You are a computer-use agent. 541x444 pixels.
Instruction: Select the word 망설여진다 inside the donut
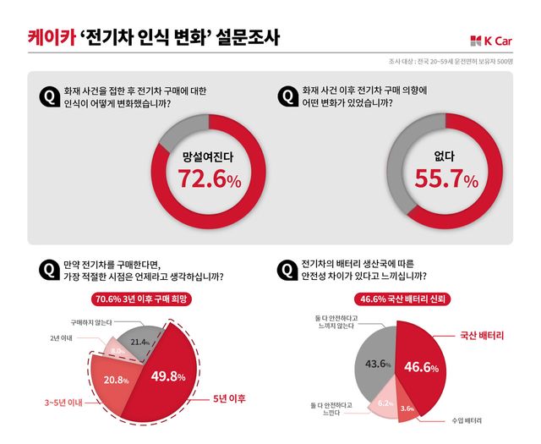207,156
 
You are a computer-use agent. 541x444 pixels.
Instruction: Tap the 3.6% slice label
407,408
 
